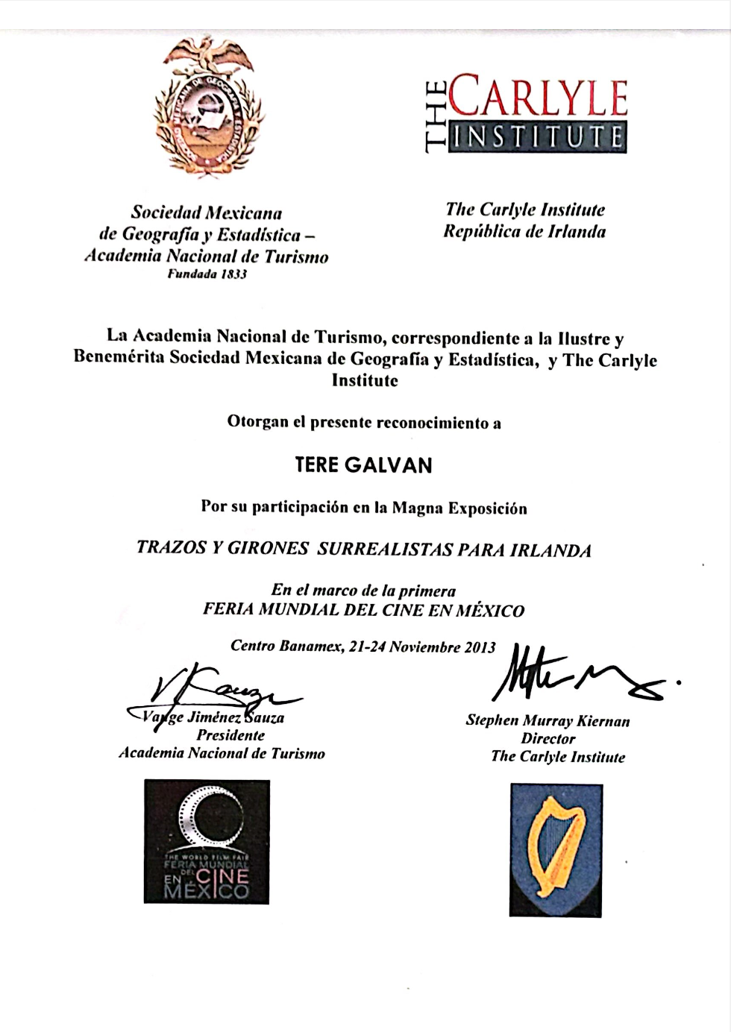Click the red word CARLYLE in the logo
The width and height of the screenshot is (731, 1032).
(x=538, y=96)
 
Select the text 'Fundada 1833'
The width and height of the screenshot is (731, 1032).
(x=207, y=274)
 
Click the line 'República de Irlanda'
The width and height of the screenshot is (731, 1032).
(x=524, y=231)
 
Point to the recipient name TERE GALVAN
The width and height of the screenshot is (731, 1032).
(x=363, y=465)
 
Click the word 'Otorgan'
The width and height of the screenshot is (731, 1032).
(x=257, y=422)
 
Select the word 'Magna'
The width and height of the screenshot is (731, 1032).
(x=418, y=508)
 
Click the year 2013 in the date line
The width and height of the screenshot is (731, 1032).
(x=480, y=646)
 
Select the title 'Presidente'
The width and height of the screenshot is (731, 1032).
(x=230, y=735)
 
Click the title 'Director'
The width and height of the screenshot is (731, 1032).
(x=548, y=739)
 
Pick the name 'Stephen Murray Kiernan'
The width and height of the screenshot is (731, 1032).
(x=548, y=721)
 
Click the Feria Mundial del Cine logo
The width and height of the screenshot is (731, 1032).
(x=207, y=842)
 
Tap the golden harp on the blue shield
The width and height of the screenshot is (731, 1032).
(x=555, y=847)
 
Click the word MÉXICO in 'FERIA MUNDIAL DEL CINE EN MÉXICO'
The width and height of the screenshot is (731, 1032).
(x=489, y=611)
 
